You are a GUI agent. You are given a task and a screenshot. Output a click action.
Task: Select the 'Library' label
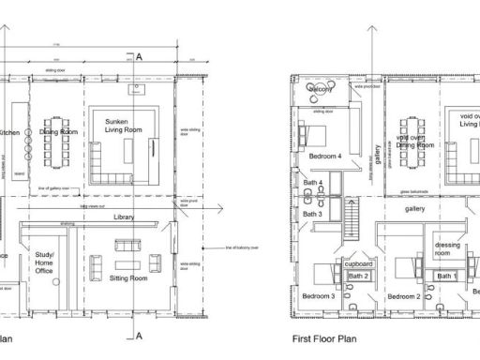coord(124,217)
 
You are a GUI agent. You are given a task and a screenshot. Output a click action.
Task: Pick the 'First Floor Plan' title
coord(326,339)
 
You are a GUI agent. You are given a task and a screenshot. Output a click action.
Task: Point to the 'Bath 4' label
coord(313,183)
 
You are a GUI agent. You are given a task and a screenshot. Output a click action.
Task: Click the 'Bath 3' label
coord(312,215)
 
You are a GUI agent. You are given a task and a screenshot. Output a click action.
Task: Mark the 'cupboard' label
coord(360,264)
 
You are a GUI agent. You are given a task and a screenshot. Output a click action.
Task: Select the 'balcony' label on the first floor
coord(323,89)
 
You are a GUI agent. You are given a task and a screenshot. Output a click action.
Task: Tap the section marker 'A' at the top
coord(139,57)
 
